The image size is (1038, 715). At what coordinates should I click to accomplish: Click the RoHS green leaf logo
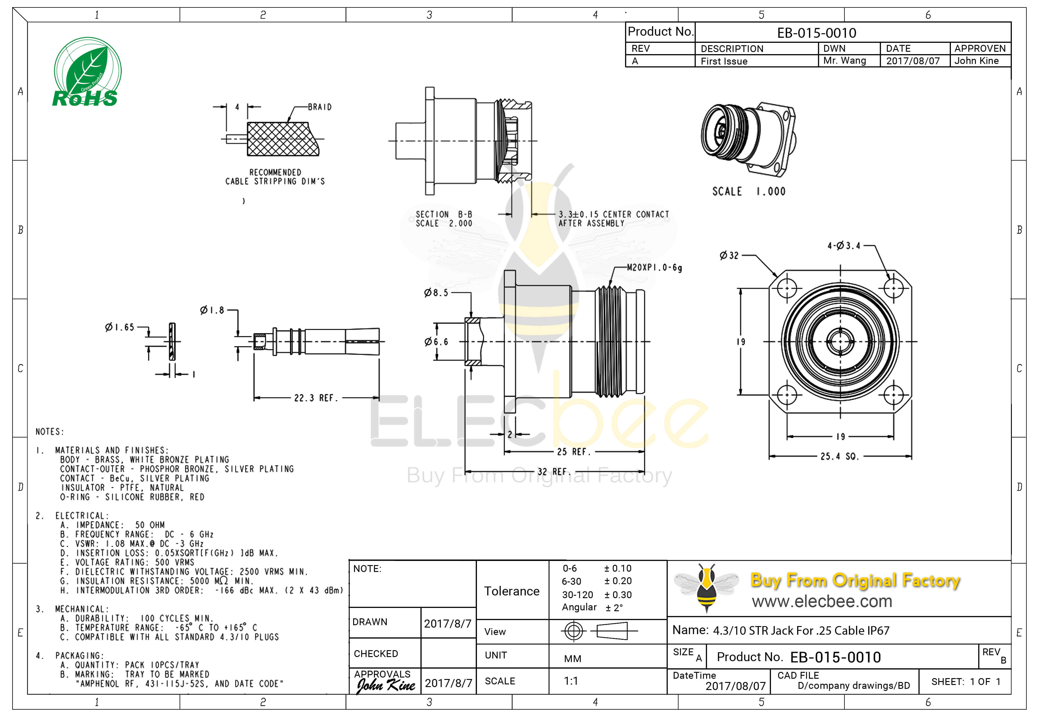(87, 73)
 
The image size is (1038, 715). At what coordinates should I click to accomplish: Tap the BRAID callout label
(319, 107)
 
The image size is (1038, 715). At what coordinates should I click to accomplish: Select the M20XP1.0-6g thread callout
(654, 268)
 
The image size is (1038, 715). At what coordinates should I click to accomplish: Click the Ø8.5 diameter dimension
(436, 293)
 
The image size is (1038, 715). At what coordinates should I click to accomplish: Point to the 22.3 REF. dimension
(316, 398)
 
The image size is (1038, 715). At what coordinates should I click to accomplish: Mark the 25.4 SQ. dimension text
(839, 457)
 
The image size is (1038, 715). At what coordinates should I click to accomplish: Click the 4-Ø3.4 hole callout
(844, 245)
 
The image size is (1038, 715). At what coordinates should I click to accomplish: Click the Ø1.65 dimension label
(120, 327)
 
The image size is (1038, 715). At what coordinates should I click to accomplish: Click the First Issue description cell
(724, 61)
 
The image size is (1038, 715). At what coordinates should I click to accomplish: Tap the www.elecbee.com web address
(821, 601)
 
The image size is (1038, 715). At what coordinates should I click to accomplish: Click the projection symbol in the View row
(599, 631)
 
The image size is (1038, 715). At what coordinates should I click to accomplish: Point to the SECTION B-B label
(443, 215)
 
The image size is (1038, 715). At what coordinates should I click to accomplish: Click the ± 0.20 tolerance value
(618, 581)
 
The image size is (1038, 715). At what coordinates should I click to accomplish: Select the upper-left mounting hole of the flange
(786, 288)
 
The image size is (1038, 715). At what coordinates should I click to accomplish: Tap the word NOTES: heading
(50, 432)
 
